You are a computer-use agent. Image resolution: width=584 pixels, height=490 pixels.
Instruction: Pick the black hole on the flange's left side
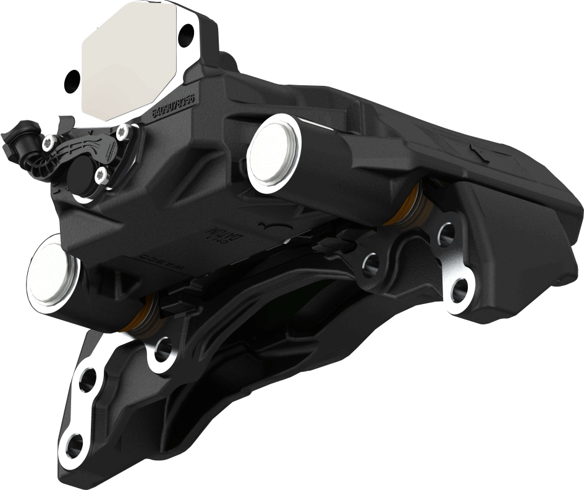point(73,78)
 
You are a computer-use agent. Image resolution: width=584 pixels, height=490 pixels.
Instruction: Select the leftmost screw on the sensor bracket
point(47,143)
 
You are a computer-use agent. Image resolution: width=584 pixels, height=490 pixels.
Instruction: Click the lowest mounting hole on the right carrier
point(459,291)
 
